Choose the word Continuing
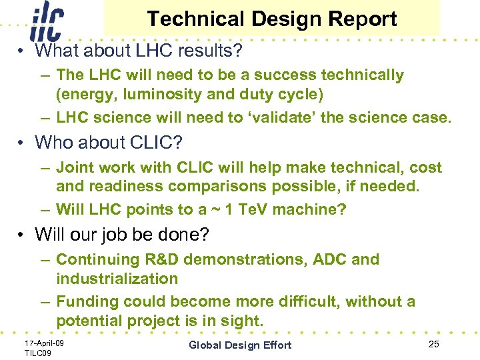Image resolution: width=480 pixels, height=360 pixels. point(99,259)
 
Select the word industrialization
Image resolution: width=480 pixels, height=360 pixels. point(117,278)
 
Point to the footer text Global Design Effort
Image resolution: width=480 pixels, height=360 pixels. point(240,345)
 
